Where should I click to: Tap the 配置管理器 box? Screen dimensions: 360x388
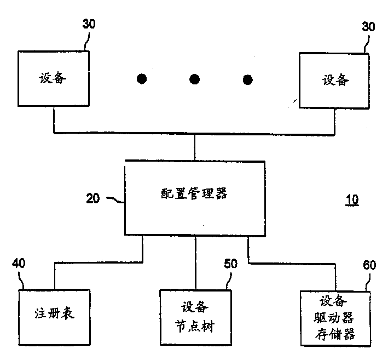tap(195, 198)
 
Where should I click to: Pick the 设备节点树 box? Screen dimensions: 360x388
tap(195, 317)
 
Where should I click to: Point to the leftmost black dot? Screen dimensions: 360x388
tap(142, 79)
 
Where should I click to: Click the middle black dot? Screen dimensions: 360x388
tap(195, 79)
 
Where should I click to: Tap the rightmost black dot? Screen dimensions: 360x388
tap(248, 79)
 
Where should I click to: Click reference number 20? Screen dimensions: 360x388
tap(93, 198)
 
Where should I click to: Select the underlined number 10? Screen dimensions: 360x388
tap(352, 199)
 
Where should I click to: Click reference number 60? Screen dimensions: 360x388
tap(369, 265)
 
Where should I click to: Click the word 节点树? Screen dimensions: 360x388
tap(195, 327)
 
